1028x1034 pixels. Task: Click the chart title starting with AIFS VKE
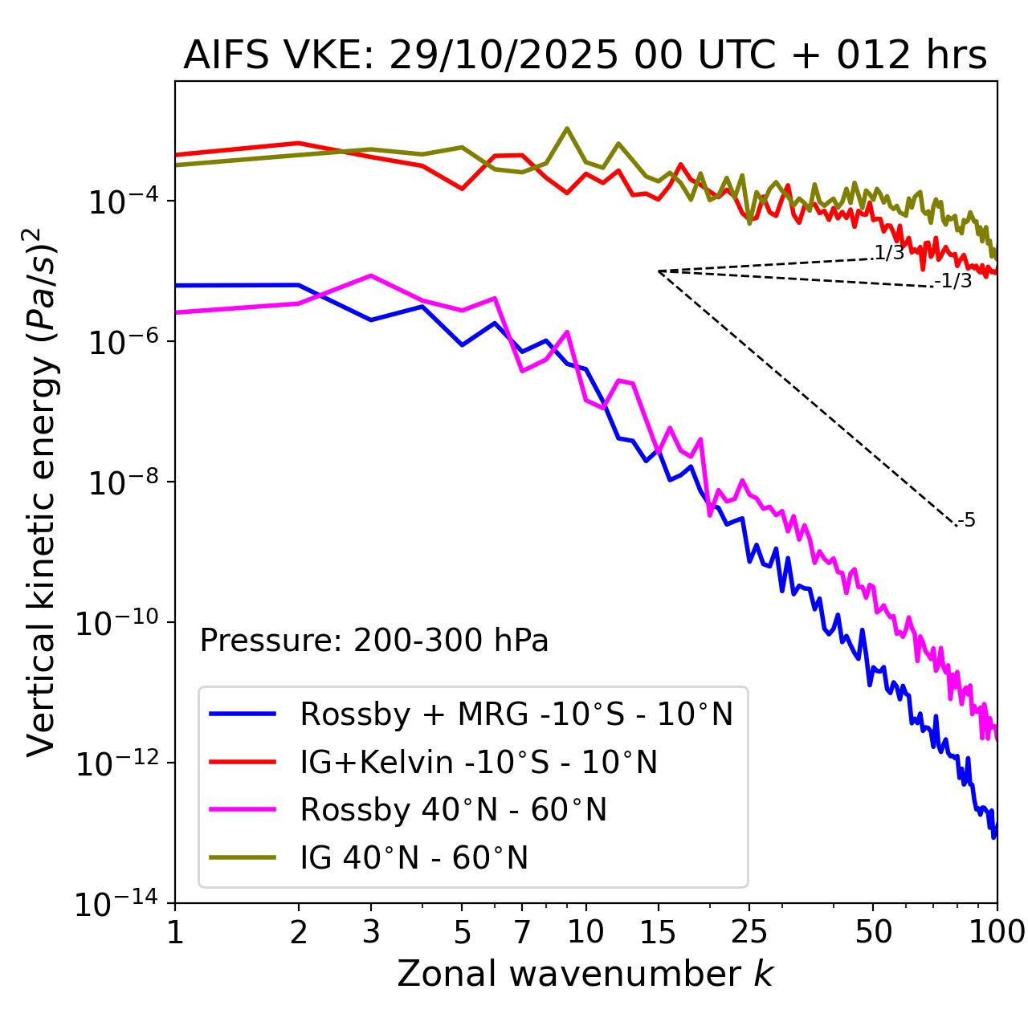point(585,56)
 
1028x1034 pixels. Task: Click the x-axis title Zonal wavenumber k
point(585,974)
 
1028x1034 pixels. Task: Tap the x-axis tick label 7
point(522,932)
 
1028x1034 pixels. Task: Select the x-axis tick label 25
point(749,932)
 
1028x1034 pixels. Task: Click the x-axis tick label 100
point(997,932)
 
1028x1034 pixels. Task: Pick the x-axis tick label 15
point(659,932)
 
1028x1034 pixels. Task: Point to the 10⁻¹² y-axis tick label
point(116,764)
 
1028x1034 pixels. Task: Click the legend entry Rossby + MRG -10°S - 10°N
point(516,714)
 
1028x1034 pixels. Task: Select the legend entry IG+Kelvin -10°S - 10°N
point(479,762)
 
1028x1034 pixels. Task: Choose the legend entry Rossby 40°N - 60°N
point(453,810)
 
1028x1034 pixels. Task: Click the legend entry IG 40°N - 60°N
point(414,858)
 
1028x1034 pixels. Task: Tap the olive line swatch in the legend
point(243,857)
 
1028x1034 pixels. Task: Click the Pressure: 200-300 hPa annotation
point(374,641)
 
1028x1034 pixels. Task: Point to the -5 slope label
point(966,520)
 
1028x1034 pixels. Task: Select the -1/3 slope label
point(953,281)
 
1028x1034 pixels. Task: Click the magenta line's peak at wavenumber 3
point(370,275)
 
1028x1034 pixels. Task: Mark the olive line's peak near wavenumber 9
point(567,128)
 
